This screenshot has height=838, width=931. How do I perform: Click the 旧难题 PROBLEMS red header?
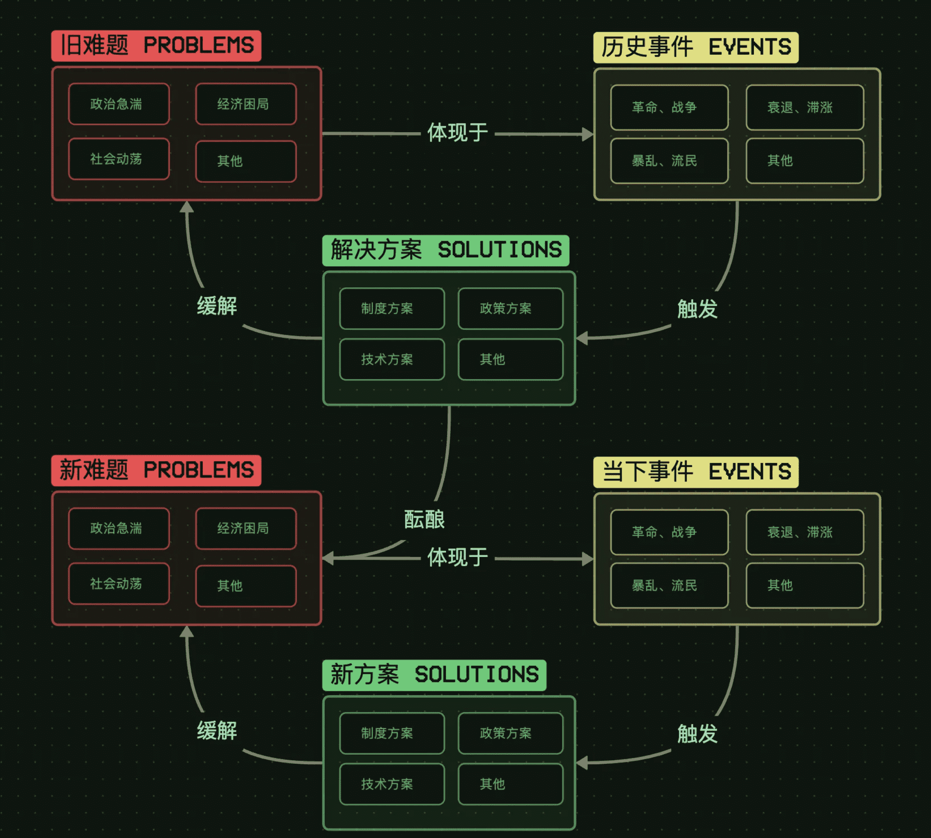coord(156,46)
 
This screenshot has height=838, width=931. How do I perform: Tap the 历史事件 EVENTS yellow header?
coord(696,47)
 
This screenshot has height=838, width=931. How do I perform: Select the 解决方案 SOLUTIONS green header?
coord(446,251)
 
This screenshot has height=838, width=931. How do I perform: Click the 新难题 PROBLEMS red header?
coord(156,470)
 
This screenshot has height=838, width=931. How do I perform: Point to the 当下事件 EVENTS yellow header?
coord(696,472)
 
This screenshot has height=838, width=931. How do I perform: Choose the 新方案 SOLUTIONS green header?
coord(434,675)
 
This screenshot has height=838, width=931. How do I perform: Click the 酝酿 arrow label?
coord(424,520)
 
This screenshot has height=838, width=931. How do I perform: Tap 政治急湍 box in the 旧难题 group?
coord(119,104)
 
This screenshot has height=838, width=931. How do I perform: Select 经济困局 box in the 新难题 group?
coord(246,529)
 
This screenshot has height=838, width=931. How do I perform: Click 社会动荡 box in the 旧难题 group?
coord(119,159)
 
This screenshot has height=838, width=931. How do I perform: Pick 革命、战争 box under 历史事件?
coord(669,107)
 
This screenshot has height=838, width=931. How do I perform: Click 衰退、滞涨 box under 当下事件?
coord(804,532)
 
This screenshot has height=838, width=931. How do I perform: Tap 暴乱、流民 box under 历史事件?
coord(669,161)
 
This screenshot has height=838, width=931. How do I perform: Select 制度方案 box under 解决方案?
coord(392,309)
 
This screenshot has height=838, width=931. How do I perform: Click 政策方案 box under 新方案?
coord(510,733)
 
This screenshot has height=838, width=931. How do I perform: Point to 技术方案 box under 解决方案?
coord(392,359)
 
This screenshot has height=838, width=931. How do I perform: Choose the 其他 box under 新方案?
coord(510,784)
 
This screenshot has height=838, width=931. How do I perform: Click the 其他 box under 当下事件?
coord(804,585)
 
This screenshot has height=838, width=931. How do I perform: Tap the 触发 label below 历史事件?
coord(697,309)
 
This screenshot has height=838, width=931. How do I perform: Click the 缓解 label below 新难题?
coord(217,731)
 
